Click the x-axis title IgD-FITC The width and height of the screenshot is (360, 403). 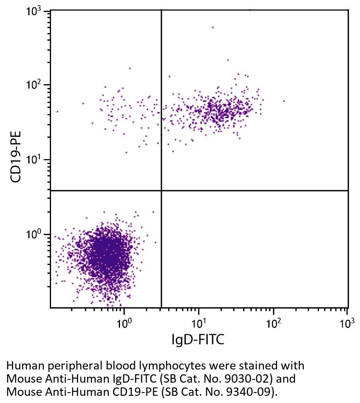[198, 340]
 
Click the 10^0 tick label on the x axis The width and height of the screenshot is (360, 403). [124, 322]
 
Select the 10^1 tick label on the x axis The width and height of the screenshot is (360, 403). [199, 322]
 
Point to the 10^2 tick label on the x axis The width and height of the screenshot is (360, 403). [273, 322]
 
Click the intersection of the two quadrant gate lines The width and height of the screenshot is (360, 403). [161, 191]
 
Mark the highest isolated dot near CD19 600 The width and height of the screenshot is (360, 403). [212, 28]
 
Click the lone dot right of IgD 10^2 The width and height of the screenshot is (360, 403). [284, 101]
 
